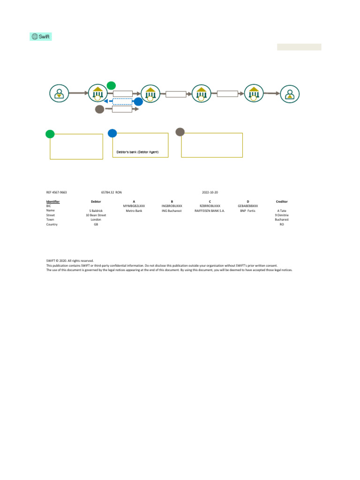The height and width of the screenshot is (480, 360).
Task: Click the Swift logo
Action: tap(41, 37)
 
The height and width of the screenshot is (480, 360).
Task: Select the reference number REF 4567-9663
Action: tap(57, 193)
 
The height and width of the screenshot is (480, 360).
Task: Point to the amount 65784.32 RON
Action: tap(112, 193)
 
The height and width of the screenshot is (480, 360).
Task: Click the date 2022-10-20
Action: tap(210, 193)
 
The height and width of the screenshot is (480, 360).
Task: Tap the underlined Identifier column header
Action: tap(53, 202)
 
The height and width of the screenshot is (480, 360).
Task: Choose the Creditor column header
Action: tap(282, 202)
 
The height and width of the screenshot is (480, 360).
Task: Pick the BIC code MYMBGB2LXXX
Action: tap(134, 206)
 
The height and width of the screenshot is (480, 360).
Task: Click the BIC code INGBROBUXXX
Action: tap(172, 206)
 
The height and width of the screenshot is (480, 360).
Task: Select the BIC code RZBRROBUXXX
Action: tap(210, 206)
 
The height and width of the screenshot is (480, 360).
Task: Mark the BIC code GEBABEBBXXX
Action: tap(247, 206)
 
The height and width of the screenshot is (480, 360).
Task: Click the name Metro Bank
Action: tap(134, 210)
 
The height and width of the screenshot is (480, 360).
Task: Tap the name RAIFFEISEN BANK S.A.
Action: tap(210, 210)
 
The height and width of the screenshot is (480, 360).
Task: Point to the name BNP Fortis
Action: tap(247, 210)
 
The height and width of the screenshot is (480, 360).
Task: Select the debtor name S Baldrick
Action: tap(96, 210)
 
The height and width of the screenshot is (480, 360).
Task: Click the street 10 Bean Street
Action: tap(96, 215)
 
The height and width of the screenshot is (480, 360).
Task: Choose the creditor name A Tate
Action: tap(282, 210)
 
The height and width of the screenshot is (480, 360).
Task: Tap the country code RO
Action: tap(282, 225)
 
